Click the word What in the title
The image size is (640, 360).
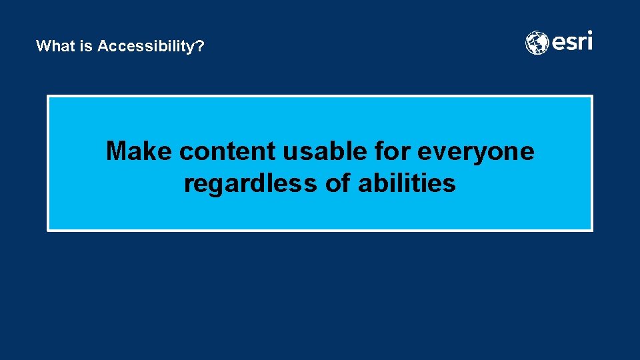point(51,46)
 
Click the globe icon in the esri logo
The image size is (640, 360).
point(537,43)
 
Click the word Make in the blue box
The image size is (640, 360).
point(140,151)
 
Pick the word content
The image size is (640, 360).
point(228,151)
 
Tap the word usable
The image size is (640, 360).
point(324,151)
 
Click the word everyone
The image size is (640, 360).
point(476,151)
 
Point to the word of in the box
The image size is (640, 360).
point(338,183)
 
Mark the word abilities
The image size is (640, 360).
point(407,183)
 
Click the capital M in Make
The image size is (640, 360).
point(117,151)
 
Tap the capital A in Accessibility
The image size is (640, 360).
point(103,46)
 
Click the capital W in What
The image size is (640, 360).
point(43,46)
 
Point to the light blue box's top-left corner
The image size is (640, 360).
point(48,97)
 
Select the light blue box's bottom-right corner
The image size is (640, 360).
point(591,230)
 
